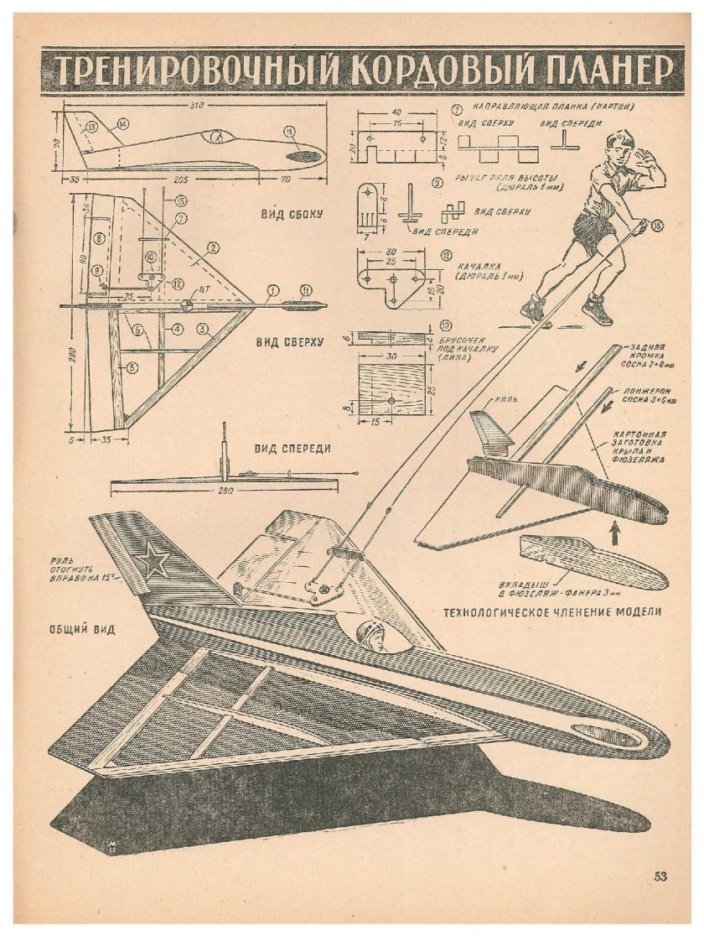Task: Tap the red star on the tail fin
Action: [x=153, y=560]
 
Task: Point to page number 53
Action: [x=660, y=876]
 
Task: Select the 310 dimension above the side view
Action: [x=198, y=107]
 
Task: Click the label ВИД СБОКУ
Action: [x=286, y=213]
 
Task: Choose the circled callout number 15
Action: [x=180, y=201]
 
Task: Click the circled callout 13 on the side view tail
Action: [x=91, y=127]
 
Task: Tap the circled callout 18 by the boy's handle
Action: [x=655, y=224]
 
